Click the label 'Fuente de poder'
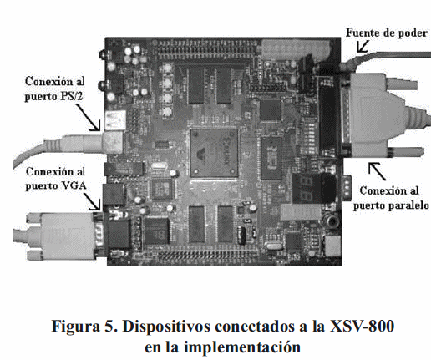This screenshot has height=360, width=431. point(387,33)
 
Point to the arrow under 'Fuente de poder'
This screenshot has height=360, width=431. point(363,46)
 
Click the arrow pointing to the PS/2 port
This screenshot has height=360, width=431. point(88,117)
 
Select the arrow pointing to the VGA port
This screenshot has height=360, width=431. point(92,201)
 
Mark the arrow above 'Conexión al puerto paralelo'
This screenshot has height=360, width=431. point(377,171)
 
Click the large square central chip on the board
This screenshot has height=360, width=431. point(214,153)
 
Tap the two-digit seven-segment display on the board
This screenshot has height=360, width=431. point(306,189)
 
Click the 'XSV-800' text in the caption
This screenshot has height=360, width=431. point(362,326)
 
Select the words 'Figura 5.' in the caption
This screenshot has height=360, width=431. point(85,326)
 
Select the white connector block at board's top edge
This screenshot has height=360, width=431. point(295,49)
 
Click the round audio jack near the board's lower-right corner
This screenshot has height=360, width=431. point(332,221)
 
